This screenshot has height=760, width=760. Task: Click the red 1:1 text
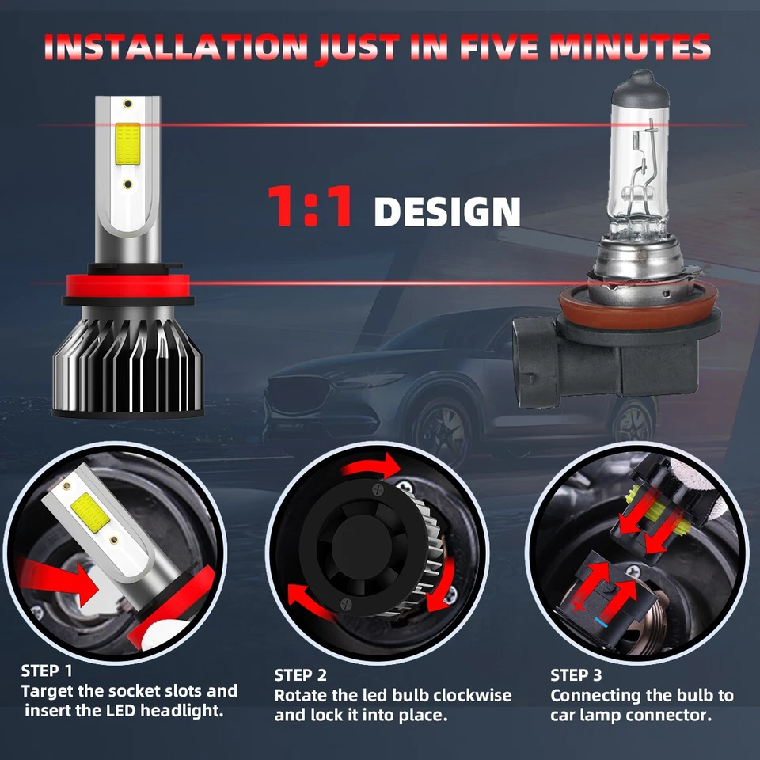(310, 208)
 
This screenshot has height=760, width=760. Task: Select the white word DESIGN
(447, 212)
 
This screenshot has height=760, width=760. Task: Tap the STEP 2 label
(300, 675)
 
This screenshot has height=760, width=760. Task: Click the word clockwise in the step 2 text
(469, 696)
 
